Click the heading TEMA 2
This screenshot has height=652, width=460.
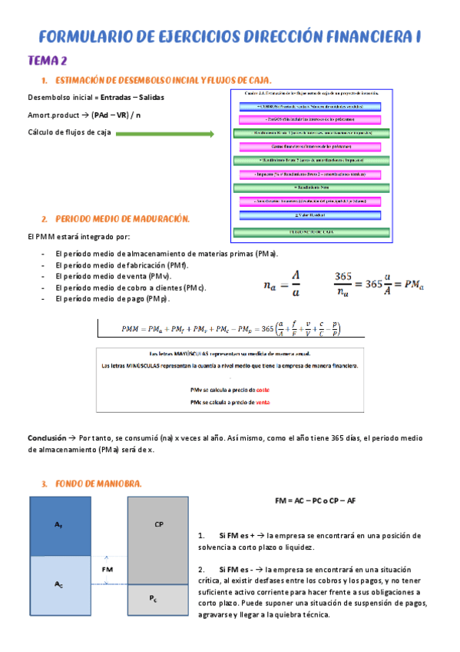(48, 61)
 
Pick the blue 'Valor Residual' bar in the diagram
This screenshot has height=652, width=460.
(311, 216)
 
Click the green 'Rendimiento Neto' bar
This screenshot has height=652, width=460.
(311, 188)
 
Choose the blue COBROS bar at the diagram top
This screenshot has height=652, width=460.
(311, 105)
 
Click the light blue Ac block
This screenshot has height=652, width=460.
(59, 585)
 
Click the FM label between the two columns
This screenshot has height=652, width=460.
(108, 569)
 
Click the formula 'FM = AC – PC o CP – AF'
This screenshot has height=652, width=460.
(315, 501)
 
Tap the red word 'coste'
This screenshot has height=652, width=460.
(262, 390)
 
